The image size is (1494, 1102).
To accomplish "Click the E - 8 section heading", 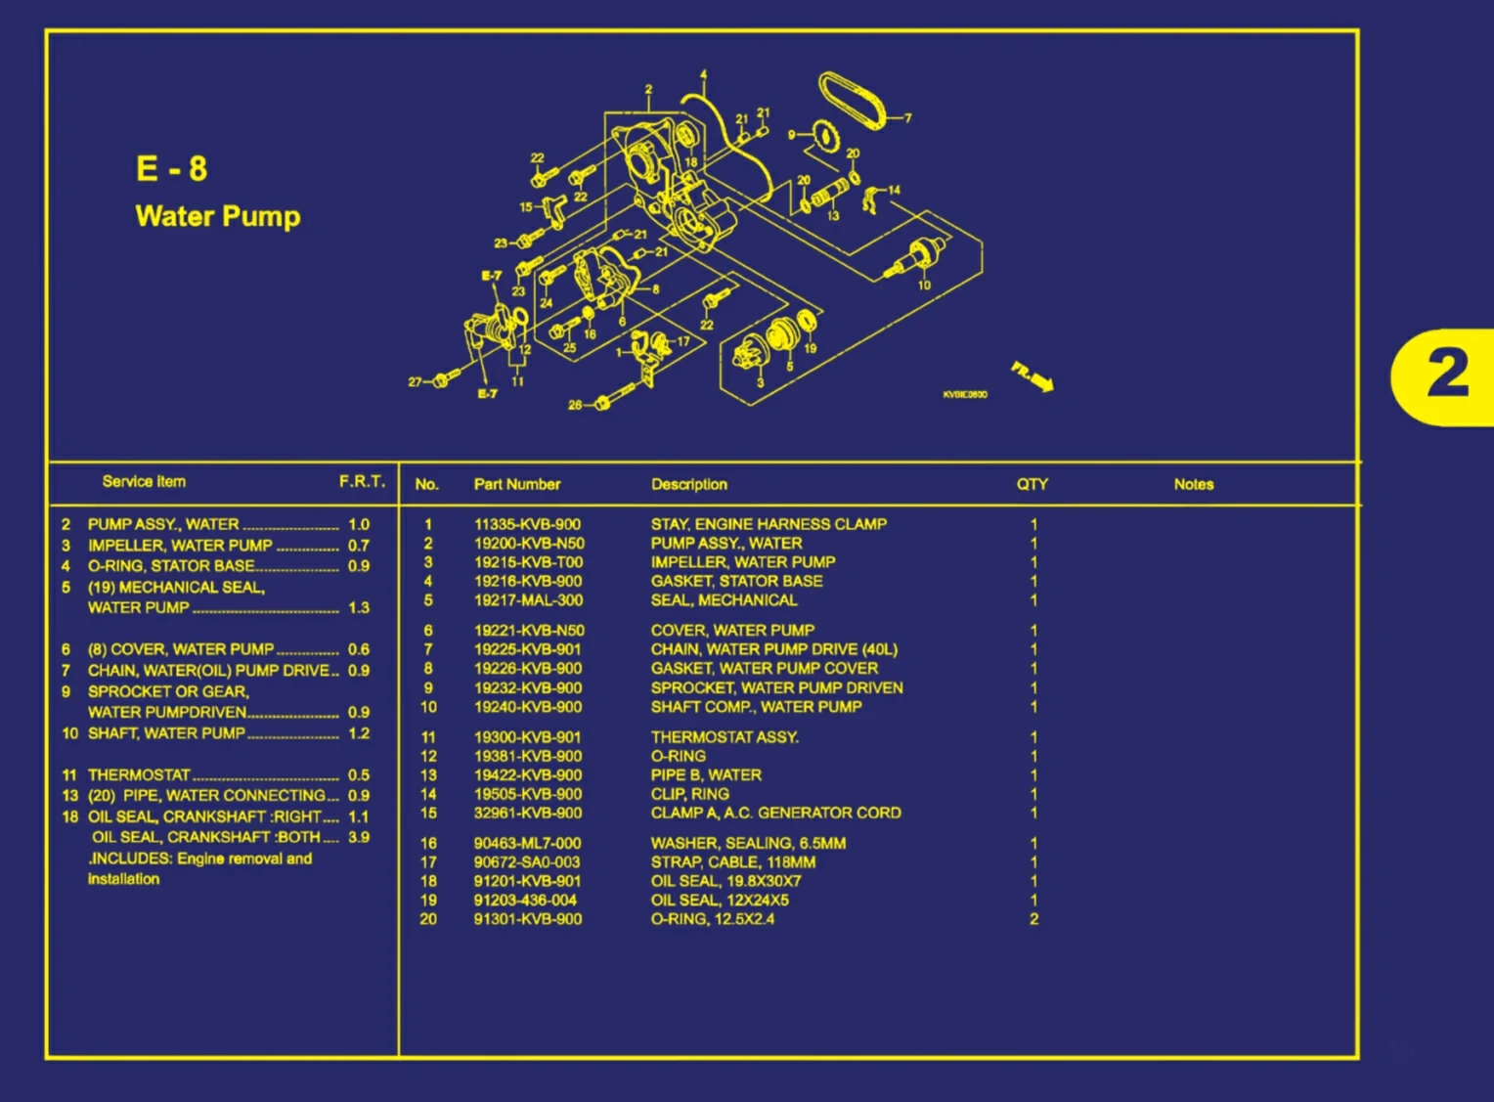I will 172,169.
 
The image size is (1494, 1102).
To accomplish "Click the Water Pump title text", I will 218,216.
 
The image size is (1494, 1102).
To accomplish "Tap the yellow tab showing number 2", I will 1445,375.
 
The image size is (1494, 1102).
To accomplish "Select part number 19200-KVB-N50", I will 529,544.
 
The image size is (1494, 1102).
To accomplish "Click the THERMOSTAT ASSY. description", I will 725,737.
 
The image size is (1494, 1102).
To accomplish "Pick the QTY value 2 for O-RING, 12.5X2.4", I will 1033,919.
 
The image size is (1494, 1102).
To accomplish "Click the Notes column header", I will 1193,484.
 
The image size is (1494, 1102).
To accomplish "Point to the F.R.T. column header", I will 362,481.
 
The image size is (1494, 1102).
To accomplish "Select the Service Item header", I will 144,481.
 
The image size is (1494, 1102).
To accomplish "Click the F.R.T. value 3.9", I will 359,838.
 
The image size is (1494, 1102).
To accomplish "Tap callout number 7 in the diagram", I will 907,118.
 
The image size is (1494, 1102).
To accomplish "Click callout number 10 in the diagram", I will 924,286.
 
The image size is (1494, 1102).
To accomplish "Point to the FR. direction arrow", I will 1033,375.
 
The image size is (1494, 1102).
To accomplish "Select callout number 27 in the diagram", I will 416,382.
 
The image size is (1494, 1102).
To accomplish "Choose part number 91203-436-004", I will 525,901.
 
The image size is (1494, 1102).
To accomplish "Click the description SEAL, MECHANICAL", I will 724,600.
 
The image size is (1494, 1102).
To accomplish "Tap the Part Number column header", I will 517,484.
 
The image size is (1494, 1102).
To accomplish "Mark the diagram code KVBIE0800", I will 964,395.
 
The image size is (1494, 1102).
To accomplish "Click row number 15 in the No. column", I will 428,814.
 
